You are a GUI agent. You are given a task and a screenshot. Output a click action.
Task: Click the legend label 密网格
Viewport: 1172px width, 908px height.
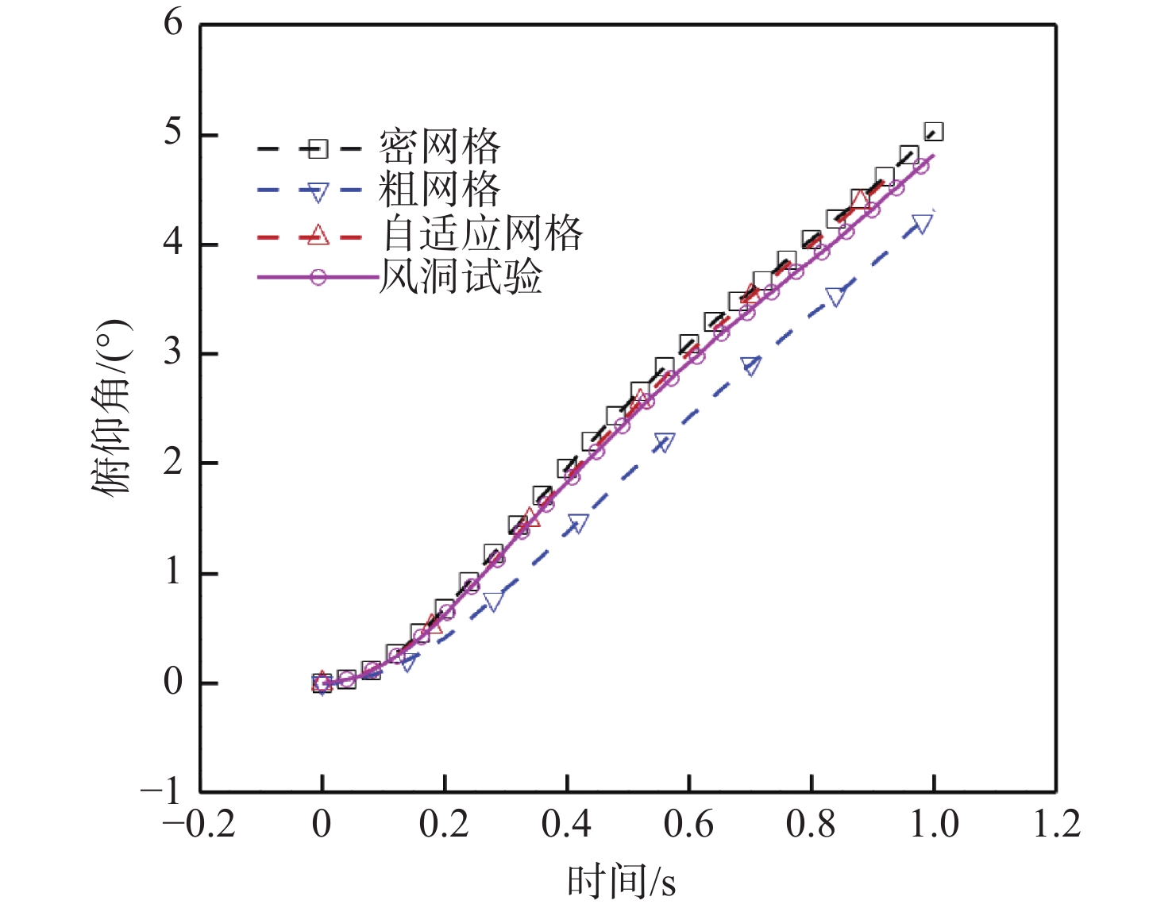tap(439, 147)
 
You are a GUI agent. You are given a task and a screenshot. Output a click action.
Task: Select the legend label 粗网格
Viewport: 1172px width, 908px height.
tap(439, 190)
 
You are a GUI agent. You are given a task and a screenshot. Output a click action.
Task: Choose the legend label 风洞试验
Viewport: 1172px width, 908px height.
tap(461, 277)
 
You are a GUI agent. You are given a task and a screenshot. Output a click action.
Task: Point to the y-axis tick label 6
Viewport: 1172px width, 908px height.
tap(173, 23)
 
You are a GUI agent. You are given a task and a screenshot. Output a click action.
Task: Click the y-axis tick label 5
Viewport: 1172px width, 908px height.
tap(173, 133)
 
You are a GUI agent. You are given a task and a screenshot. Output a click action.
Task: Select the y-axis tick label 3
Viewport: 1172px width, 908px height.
tap(173, 352)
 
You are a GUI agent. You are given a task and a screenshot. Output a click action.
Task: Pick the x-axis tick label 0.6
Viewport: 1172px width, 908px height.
tap(688, 825)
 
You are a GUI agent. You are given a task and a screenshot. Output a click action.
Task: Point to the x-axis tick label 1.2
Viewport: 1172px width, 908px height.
tap(1056, 825)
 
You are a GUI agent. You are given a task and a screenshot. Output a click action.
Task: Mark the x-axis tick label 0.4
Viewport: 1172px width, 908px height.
tap(566, 825)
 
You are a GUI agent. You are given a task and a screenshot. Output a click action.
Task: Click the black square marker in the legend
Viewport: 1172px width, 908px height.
tap(318, 148)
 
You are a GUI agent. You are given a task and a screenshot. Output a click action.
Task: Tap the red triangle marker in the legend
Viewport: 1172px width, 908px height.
tap(318, 234)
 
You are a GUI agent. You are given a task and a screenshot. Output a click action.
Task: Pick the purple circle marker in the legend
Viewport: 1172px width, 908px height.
tap(318, 278)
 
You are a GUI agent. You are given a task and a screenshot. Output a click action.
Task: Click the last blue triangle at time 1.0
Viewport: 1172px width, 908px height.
tap(921, 224)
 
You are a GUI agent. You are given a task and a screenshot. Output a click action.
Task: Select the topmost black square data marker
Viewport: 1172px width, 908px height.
tap(934, 132)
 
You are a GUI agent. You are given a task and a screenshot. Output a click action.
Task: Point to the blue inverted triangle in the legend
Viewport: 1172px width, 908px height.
tap(318, 191)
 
